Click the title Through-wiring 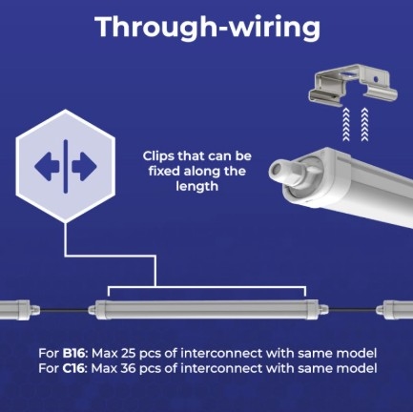click(208, 28)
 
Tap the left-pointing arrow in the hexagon click(47, 166)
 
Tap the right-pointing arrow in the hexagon click(84, 166)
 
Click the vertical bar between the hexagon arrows click(66, 166)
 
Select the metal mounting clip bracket click(353, 85)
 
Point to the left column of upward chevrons click(346, 124)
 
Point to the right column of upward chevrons click(364, 124)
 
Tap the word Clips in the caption click(157, 156)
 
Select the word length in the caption click(197, 186)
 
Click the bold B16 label click(73, 353)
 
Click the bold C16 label click(73, 368)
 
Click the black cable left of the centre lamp click(64, 310)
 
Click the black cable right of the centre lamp click(353, 310)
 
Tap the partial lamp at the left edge click(20, 310)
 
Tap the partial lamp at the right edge click(395, 310)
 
